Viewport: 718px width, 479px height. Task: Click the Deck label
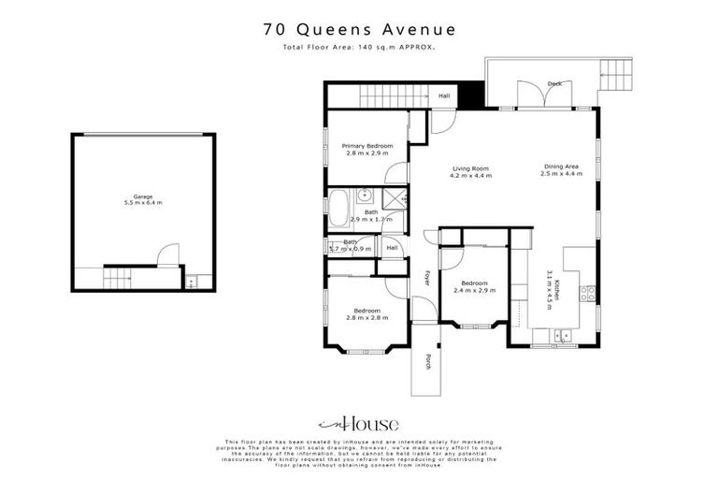click(x=554, y=84)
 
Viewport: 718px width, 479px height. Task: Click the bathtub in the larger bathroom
click(x=338, y=203)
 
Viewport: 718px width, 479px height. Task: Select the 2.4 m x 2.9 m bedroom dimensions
click(x=474, y=290)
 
